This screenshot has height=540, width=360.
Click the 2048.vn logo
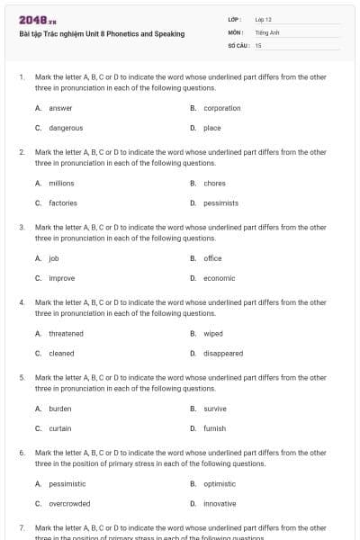37,19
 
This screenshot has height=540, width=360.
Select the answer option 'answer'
60,108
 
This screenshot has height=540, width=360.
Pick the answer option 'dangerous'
66,128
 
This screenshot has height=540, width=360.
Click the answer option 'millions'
61,184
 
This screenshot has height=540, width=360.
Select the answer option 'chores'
214,184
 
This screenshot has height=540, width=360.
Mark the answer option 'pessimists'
220,203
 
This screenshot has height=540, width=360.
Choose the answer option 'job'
53,258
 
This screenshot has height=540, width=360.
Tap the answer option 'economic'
219,278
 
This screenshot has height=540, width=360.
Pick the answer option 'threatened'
66,334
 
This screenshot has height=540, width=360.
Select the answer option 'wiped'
213,334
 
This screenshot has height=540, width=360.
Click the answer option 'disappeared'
223,354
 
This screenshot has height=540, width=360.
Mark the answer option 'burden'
59,409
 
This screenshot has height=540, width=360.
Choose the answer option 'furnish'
214,428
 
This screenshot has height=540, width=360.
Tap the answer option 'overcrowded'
69,504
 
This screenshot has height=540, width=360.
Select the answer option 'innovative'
220,504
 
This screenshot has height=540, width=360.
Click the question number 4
22,302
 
